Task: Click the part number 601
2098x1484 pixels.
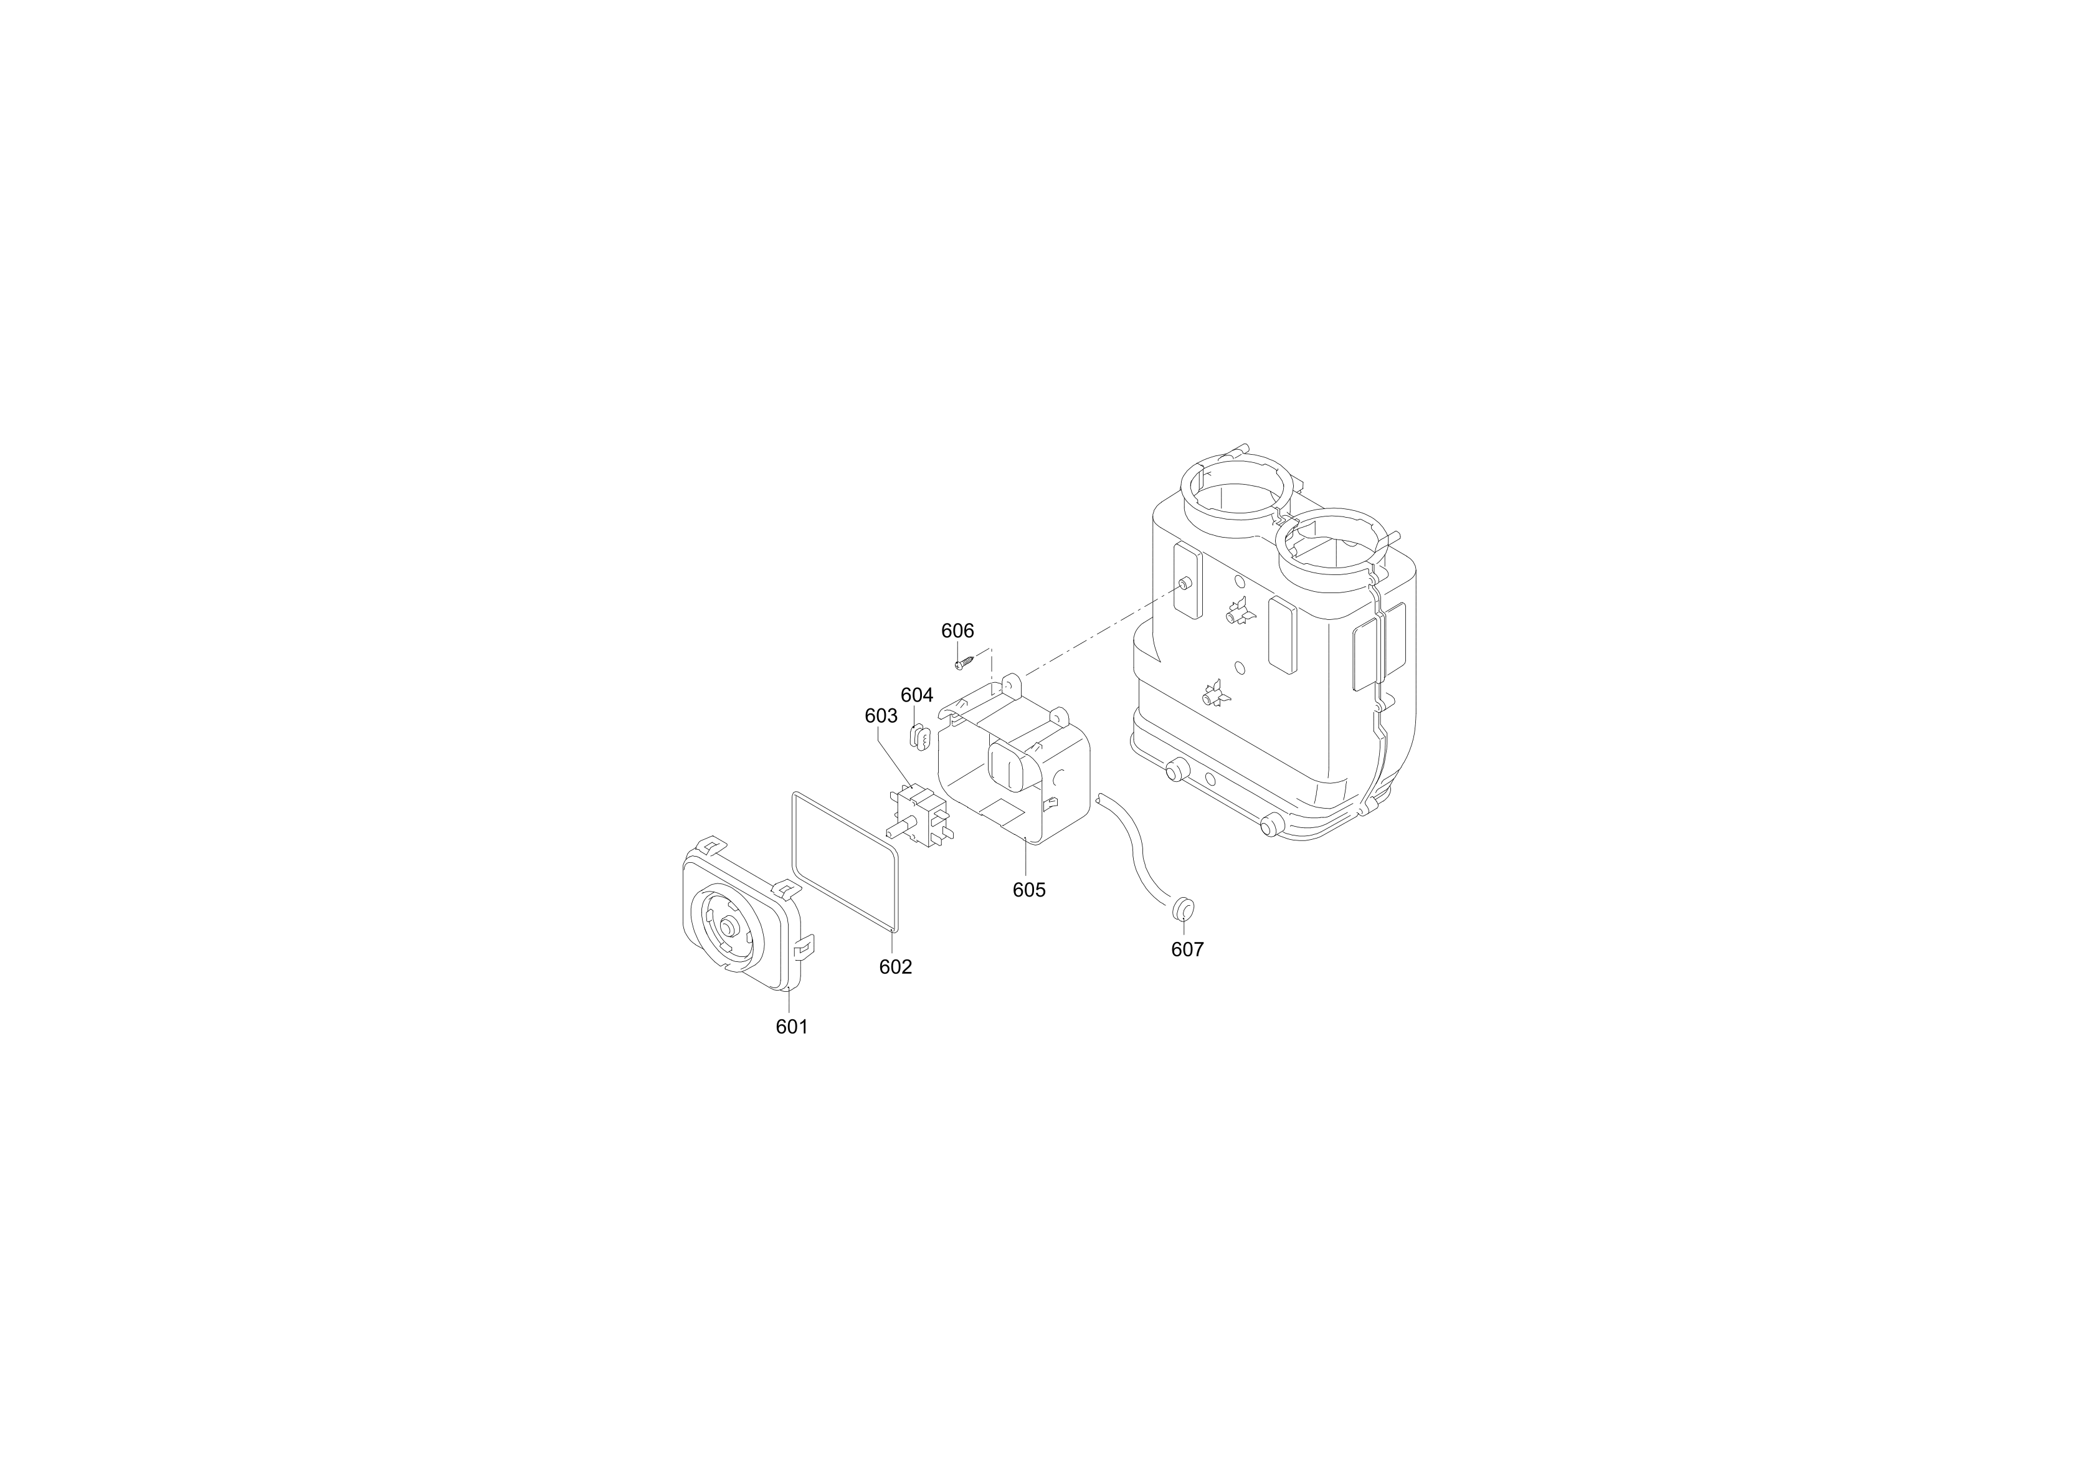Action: tap(791, 1026)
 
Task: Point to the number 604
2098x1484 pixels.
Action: tap(916, 695)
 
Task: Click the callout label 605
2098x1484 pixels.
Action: tap(1029, 889)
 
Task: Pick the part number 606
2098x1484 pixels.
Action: tap(957, 630)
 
